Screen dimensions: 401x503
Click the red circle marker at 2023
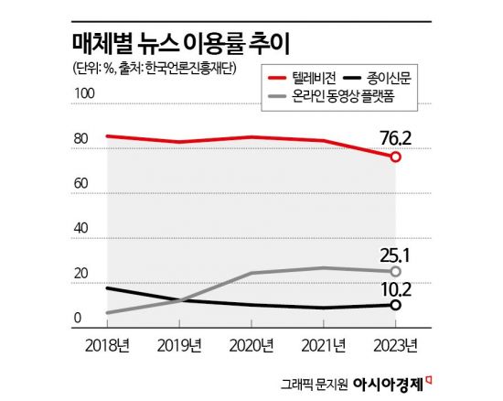pyautogui.click(x=395, y=157)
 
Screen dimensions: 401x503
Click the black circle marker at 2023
pyautogui.click(x=395, y=306)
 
